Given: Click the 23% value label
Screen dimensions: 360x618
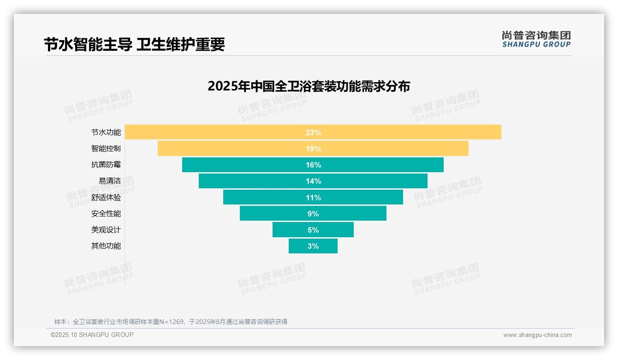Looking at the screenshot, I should click(x=313, y=132).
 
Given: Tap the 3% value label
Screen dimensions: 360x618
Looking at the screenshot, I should click(x=313, y=246).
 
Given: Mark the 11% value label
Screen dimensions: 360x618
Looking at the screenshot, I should click(x=313, y=198).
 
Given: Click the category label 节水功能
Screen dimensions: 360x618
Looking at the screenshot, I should click(x=106, y=132).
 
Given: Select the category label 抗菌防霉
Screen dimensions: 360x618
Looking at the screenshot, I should click(x=106, y=165).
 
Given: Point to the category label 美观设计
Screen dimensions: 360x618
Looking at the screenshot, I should click(x=106, y=230).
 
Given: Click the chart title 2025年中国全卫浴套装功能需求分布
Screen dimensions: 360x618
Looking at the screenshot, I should click(x=309, y=86).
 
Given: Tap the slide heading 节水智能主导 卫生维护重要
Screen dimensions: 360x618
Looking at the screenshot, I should click(x=134, y=45).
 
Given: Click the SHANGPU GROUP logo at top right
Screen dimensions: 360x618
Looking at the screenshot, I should click(x=536, y=39).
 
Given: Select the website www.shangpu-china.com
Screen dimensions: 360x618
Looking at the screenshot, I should click(x=537, y=335).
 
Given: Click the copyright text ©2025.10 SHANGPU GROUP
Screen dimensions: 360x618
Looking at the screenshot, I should click(x=92, y=335).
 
